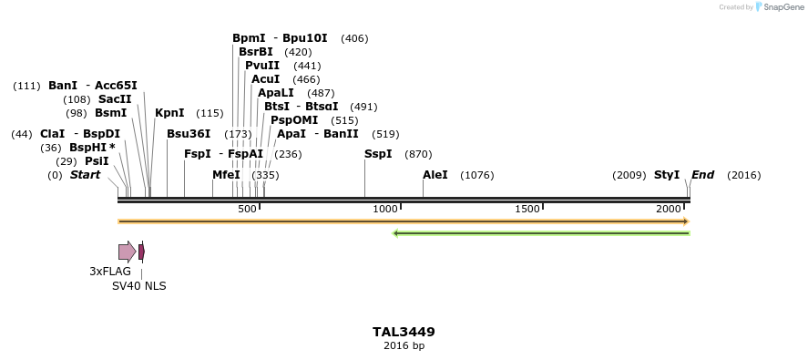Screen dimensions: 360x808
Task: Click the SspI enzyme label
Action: [x=378, y=154]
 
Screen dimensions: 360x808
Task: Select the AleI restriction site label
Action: [x=435, y=175]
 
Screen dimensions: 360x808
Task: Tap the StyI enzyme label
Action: [x=667, y=175]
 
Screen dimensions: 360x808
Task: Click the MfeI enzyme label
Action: [x=226, y=175]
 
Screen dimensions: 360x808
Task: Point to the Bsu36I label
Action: [x=189, y=134]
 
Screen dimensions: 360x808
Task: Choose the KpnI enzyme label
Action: [x=169, y=113]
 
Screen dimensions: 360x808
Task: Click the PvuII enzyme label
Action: [x=262, y=66]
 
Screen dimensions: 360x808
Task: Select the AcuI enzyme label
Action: [x=265, y=79]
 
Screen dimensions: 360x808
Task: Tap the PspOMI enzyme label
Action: [x=294, y=120]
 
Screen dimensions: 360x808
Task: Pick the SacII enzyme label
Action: [x=115, y=99]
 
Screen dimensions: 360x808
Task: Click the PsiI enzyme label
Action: [x=97, y=161]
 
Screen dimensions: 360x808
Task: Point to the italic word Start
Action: [x=86, y=175]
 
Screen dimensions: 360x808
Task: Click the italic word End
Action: [x=703, y=175]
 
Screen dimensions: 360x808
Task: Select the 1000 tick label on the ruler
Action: [x=386, y=210]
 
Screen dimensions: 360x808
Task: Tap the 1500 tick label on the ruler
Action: [x=527, y=210]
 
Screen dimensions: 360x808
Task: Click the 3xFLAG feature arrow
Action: [x=127, y=252]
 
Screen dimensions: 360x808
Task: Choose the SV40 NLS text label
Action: [x=139, y=286]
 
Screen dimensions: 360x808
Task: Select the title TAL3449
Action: [x=404, y=333]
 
